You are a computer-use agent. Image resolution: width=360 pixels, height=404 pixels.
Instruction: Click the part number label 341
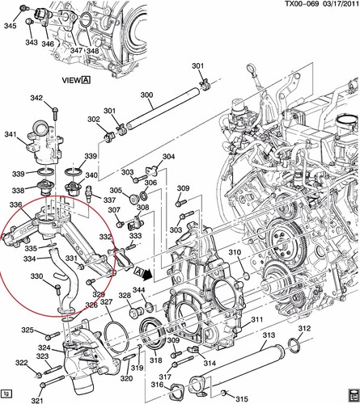pos(11,134)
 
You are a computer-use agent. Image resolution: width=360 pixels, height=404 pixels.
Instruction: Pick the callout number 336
pos(15,205)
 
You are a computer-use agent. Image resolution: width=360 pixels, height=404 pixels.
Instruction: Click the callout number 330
pos(36,276)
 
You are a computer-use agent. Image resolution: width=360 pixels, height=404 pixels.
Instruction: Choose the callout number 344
pos(138,290)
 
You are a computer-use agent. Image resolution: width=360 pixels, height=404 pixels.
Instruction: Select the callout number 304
pos(168,157)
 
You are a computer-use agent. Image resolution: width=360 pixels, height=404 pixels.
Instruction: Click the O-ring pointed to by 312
pos(296,346)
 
